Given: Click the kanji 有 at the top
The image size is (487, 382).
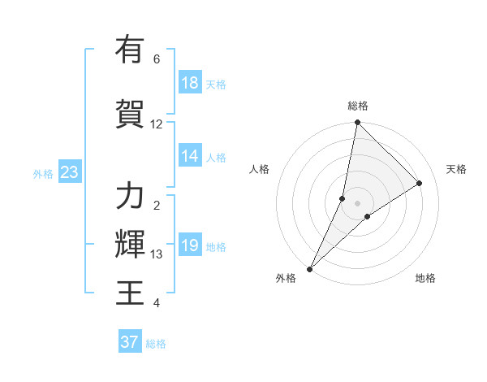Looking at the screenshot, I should pyautogui.click(x=130, y=50).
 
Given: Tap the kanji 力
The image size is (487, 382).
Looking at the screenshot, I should pyautogui.click(x=130, y=197).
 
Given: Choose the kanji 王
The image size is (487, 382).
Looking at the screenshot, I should pyautogui.click(x=130, y=291).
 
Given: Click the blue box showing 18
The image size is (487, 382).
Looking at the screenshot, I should pyautogui.click(x=190, y=84).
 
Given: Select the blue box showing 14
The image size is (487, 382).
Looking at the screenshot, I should pyautogui.click(x=190, y=157).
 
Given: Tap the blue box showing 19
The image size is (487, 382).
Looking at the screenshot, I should pyautogui.click(x=190, y=246).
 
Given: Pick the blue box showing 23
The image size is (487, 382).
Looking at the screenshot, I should pyautogui.click(x=69, y=173).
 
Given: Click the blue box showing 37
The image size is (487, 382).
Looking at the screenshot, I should pyautogui.click(x=130, y=342).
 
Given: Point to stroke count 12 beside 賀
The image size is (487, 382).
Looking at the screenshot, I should pyautogui.click(x=157, y=124).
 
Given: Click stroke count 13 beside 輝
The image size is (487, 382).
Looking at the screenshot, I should pyautogui.click(x=157, y=254).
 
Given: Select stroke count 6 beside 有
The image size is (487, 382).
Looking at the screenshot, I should pyautogui.click(x=157, y=59).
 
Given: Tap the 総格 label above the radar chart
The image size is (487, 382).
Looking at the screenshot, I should pyautogui.click(x=358, y=106).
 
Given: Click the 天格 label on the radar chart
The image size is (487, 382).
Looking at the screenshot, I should pyautogui.click(x=456, y=169).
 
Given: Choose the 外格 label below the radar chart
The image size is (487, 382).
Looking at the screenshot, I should pyautogui.click(x=286, y=278).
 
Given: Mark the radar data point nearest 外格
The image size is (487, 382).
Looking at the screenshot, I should pyautogui.click(x=309, y=268).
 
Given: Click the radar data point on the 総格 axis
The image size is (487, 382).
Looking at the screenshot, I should pyautogui.click(x=357, y=123).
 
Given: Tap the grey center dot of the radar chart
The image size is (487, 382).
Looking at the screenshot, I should pyautogui.click(x=357, y=203).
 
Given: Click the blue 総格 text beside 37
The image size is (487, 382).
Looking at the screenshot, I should pyautogui.click(x=156, y=344).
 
